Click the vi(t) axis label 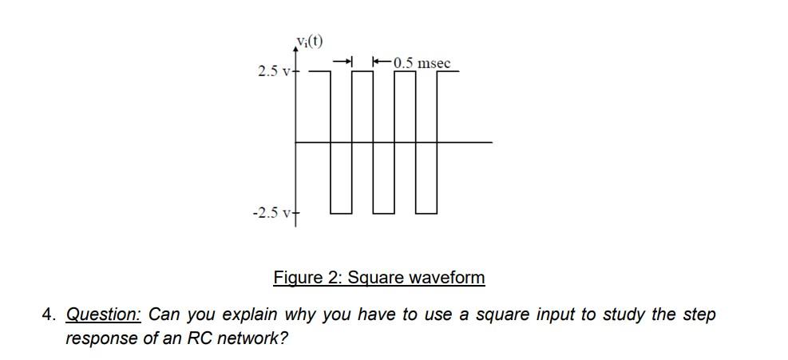(x=308, y=42)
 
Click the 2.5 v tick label (x=272, y=72)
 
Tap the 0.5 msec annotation (x=422, y=62)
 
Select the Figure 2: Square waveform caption (x=378, y=277)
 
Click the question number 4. (x=49, y=314)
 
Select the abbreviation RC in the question (x=199, y=338)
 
